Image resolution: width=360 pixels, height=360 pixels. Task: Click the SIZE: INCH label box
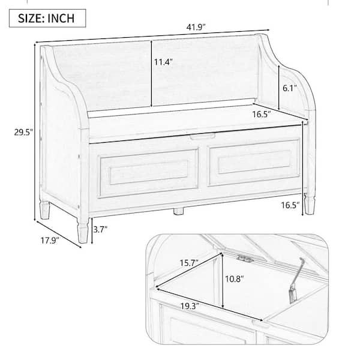coord(47,18)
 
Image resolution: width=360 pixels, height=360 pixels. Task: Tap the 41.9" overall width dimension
coord(196,28)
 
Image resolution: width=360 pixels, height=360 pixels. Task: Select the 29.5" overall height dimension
coord(23,132)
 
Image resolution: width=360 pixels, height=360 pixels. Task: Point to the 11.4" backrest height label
coord(163,62)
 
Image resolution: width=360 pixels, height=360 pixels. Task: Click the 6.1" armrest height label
coord(290,88)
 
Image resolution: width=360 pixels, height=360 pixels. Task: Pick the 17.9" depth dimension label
coord(50,241)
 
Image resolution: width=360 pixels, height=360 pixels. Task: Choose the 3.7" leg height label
coord(100,229)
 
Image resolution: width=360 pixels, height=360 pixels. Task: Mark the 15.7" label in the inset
coord(189,263)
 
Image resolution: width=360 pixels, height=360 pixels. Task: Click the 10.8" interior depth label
coord(234,279)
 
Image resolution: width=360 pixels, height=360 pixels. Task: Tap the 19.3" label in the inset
coord(190,306)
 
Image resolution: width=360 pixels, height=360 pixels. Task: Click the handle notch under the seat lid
coord(203,136)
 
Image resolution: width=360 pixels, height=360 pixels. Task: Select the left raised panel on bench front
coord(149,173)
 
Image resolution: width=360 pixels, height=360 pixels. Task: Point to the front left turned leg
coord(83,230)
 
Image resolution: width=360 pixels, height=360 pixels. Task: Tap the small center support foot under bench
coord(178,211)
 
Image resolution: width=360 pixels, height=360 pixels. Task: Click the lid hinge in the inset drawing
coord(245,259)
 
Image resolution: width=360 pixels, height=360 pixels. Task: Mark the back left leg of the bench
coord(45,210)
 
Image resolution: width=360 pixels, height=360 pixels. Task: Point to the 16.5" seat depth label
coord(262,114)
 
